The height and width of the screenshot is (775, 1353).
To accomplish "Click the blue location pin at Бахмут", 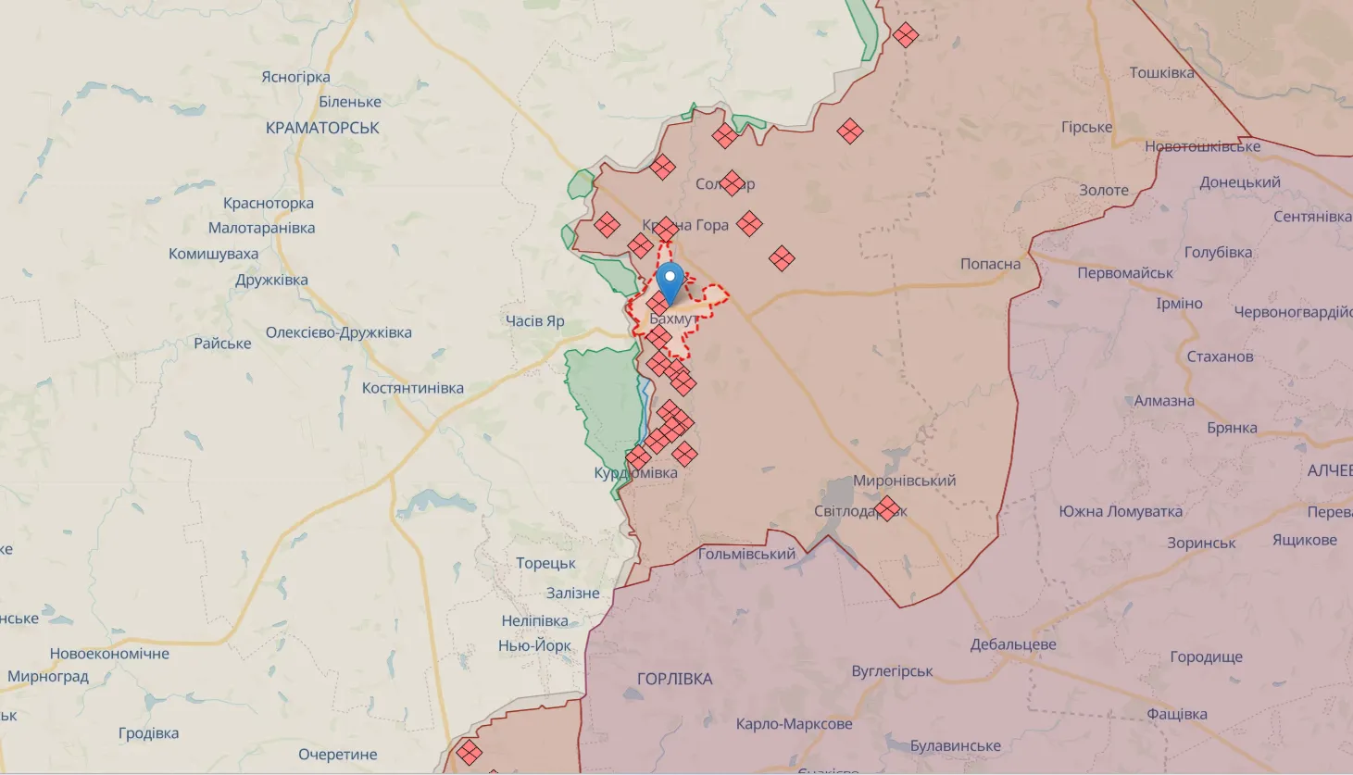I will (x=670, y=281).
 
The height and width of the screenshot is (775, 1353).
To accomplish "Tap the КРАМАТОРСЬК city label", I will (x=322, y=128).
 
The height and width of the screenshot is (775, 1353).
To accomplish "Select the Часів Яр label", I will (x=534, y=321).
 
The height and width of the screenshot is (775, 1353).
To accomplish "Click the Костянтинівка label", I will (x=412, y=388).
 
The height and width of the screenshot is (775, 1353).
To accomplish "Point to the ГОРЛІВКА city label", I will (x=674, y=679).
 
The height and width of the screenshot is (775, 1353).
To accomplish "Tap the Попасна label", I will (x=990, y=264).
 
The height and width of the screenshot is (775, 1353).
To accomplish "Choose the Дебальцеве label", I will (x=1012, y=644).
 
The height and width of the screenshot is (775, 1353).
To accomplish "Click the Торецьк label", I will (x=545, y=563).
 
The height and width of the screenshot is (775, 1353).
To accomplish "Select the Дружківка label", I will (x=271, y=280).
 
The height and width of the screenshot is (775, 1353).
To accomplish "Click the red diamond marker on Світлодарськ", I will (x=887, y=508).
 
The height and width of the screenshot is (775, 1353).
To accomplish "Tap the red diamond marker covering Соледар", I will (x=732, y=183).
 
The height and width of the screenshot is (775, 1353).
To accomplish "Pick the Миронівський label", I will (x=904, y=481).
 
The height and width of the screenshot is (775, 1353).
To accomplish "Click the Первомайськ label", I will (x=1124, y=273).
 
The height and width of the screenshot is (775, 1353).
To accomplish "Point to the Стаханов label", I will (x=1220, y=356).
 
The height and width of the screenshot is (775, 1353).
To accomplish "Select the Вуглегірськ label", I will (x=892, y=671).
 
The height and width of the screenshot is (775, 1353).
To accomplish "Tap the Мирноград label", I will (x=48, y=677).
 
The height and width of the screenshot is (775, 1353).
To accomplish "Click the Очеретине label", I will (x=337, y=755).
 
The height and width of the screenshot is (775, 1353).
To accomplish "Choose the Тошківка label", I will (x=1161, y=72).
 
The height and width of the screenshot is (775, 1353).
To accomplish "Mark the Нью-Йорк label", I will (x=534, y=645).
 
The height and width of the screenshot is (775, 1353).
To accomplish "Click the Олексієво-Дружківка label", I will (x=338, y=332).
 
